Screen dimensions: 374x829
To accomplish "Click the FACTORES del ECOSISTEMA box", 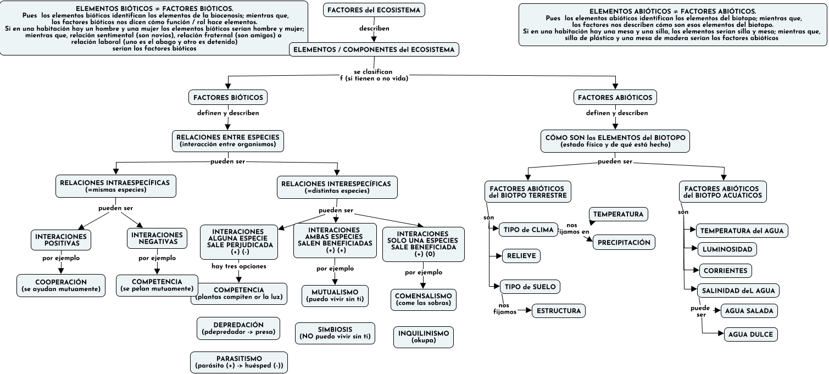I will [x=374, y=10].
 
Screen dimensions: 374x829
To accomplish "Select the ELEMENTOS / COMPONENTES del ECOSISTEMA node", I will [x=374, y=50].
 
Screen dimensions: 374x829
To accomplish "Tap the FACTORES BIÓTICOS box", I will [x=228, y=98].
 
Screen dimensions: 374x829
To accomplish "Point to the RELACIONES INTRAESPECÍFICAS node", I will [x=115, y=186].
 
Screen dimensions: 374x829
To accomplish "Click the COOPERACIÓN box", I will [x=61, y=286].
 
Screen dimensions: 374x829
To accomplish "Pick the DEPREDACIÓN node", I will [x=238, y=328].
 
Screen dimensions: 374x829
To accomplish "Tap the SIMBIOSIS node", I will [x=335, y=333].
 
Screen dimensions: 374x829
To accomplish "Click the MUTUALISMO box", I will [x=335, y=295].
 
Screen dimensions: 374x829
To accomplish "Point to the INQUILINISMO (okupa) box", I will [x=424, y=337].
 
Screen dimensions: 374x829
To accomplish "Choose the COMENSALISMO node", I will [x=424, y=299].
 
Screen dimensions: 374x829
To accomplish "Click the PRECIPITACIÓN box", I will [x=624, y=242].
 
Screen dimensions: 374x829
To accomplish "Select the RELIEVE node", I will [x=521, y=256].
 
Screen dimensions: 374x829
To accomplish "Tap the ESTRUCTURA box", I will [x=559, y=311].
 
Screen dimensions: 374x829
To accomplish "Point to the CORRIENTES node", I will [x=725, y=271].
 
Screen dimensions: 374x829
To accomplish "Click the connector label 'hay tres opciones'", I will [x=239, y=266].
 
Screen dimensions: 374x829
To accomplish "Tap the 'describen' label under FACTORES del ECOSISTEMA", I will [x=374, y=28].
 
